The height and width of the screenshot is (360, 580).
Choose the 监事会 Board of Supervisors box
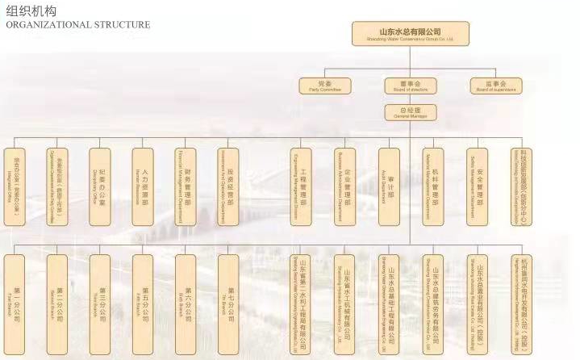pyautogui.click(x=493, y=85)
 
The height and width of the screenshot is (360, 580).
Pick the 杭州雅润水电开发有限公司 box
pyautogui.click(x=523, y=295)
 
